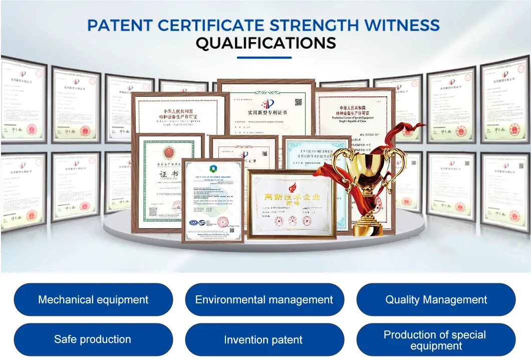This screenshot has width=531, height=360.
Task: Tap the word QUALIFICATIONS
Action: point(266,43)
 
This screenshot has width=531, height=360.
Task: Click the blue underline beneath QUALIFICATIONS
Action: point(263,57)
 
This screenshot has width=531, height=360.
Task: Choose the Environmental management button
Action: point(264,300)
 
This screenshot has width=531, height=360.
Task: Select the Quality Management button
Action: point(436,300)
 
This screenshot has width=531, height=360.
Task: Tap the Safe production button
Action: point(93,339)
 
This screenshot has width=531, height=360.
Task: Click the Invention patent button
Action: point(264,340)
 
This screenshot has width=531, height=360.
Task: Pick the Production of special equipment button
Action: point(436,340)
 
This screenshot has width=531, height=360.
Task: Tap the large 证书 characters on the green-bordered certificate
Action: point(168,173)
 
